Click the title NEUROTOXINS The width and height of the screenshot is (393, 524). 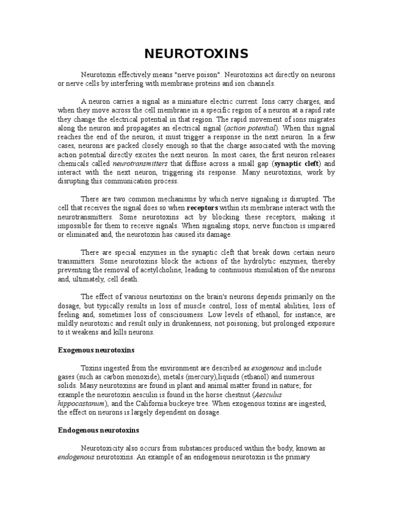pyautogui.click(x=196, y=54)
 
